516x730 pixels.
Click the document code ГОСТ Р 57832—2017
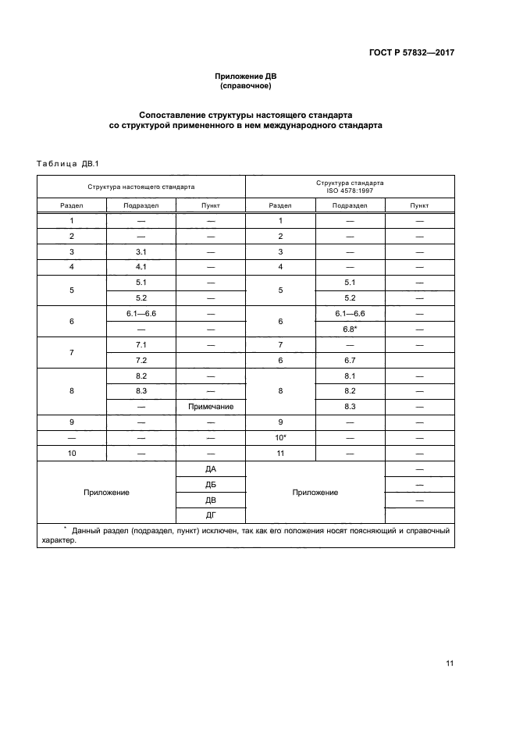point(412,53)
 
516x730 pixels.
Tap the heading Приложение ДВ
point(246,77)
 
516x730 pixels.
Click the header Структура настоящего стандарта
point(141,187)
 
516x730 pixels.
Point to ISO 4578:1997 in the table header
point(349,191)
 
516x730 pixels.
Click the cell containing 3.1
point(141,251)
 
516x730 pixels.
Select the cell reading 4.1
point(141,267)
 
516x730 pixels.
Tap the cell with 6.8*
point(350,328)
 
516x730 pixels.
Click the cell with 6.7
point(350,359)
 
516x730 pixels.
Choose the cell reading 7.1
point(141,344)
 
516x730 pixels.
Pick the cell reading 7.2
point(141,359)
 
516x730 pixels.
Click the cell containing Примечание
point(211,407)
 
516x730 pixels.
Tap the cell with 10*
point(280,437)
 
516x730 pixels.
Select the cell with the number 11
point(280,453)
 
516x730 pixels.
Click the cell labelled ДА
point(211,469)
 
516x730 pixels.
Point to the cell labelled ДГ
point(211,516)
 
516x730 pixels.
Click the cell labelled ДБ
point(211,485)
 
